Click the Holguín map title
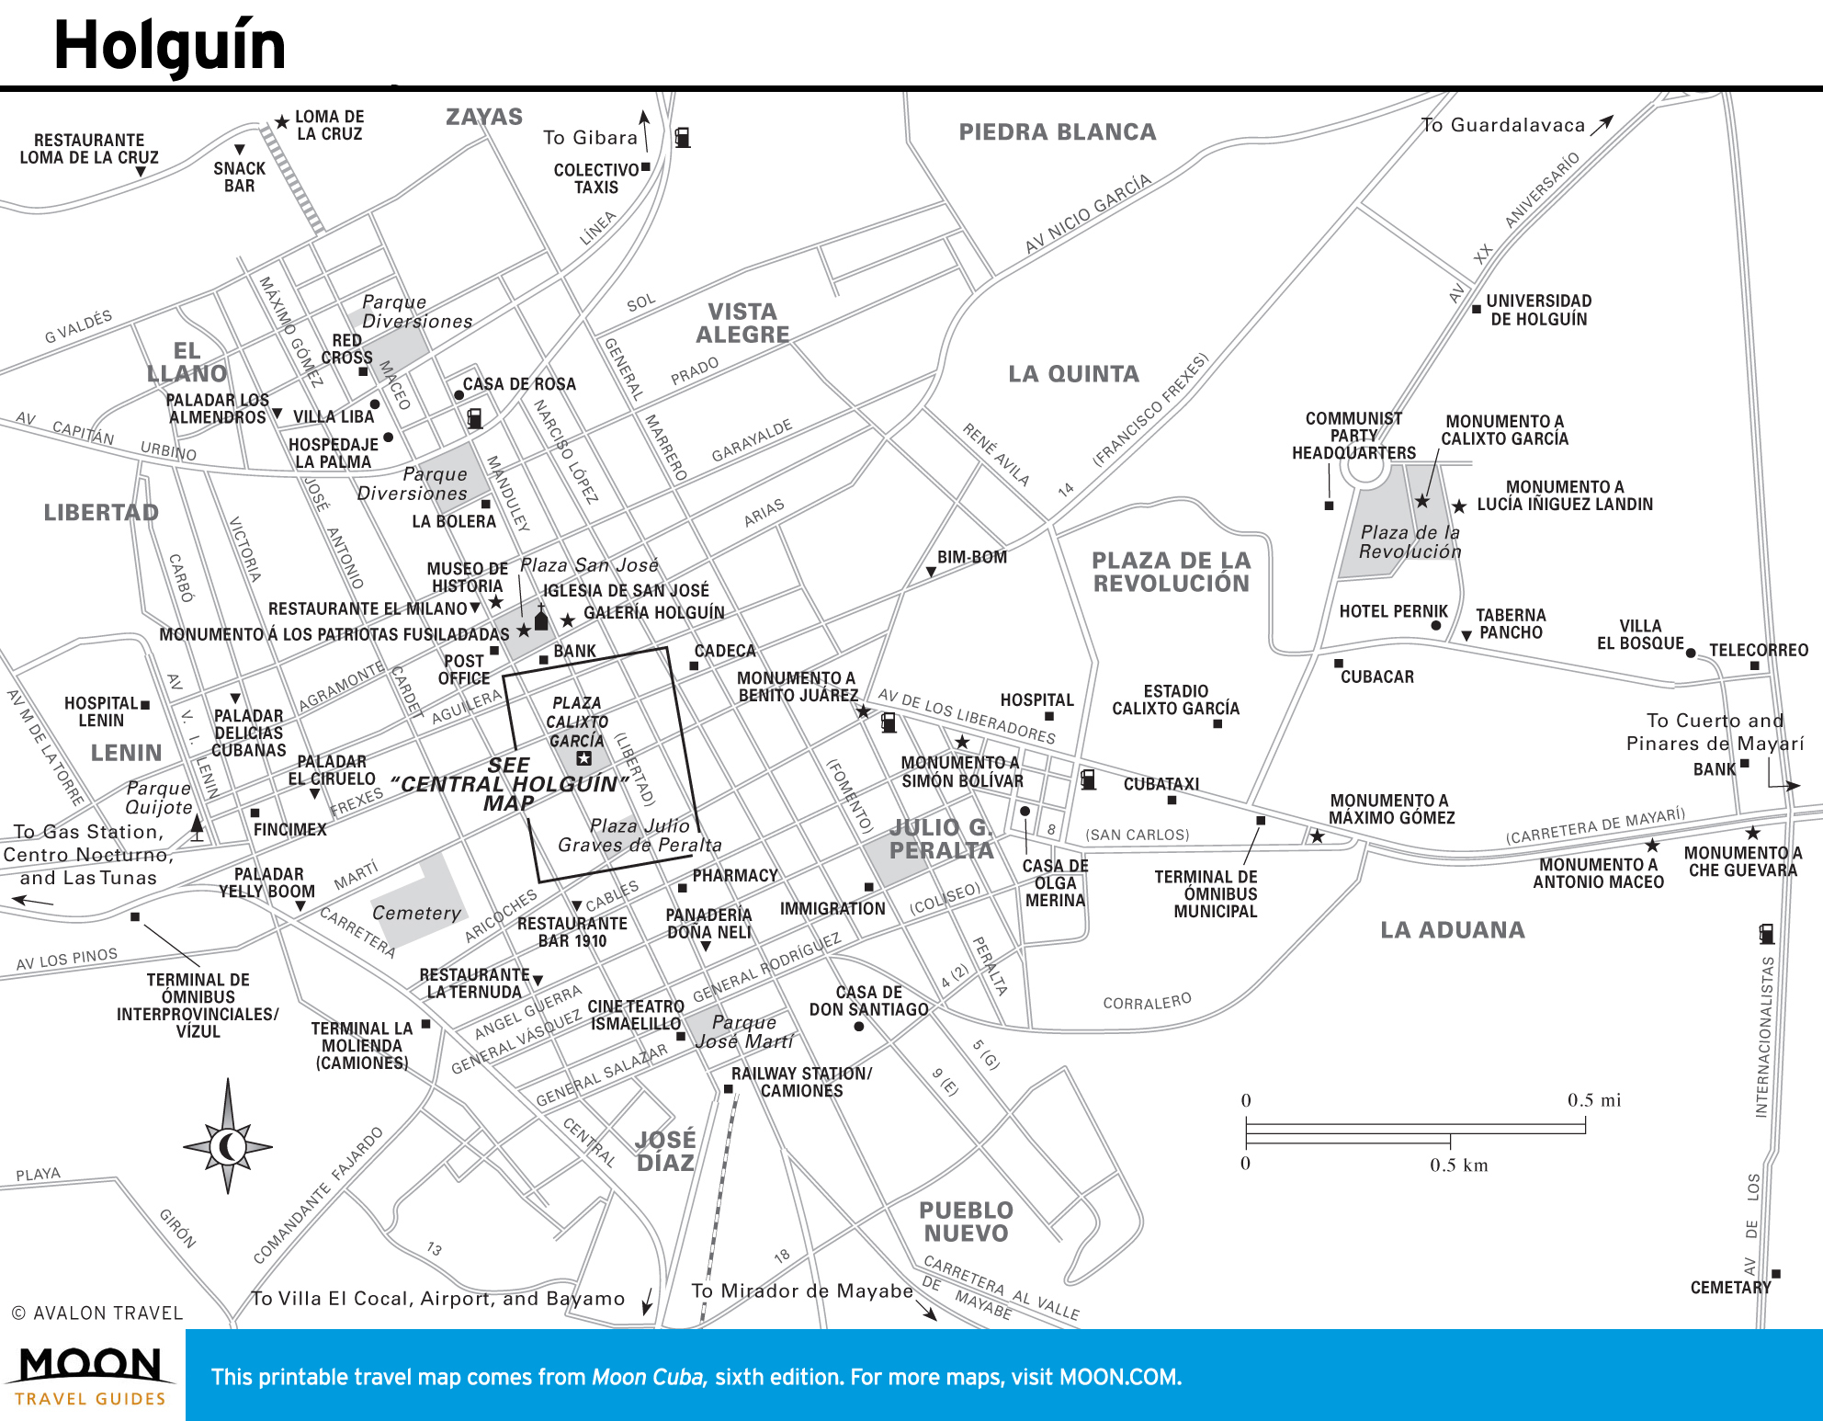170,46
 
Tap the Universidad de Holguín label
1539,310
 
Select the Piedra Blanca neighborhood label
1058,132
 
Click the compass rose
228,1137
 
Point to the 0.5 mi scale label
1594,1100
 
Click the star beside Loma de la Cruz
281,122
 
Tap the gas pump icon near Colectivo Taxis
683,137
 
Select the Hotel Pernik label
1393,611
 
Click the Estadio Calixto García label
1175,699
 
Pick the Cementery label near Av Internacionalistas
1730,1288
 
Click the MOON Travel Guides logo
90,1376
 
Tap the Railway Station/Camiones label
802,1082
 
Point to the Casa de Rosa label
519,384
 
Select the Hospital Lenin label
101,711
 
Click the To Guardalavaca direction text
1503,125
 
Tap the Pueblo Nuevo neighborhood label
966,1222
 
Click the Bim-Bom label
972,557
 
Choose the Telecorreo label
1759,650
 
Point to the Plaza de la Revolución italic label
1410,541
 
